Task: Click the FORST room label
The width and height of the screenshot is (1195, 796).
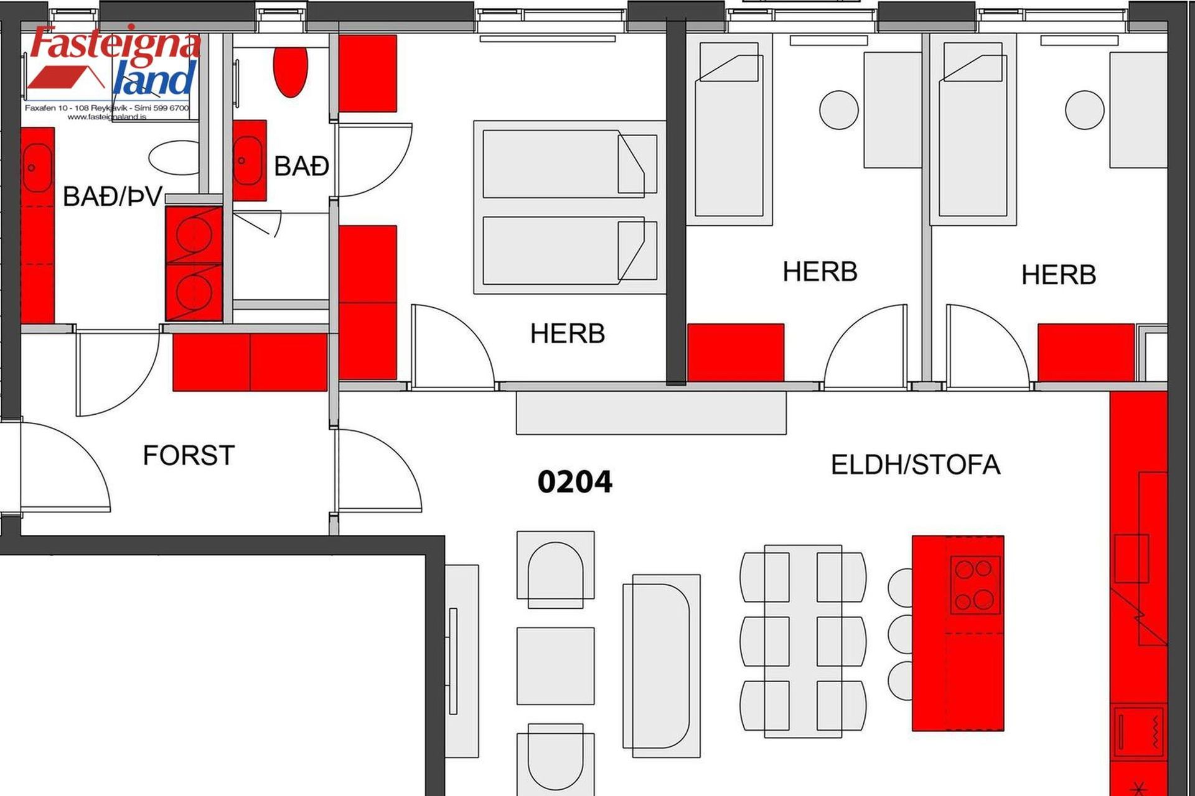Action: [x=189, y=455]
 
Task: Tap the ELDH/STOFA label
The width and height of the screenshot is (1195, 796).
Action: [x=916, y=465]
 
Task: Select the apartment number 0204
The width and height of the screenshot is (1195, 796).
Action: [x=574, y=482]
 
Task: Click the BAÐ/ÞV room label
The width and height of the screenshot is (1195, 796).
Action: [x=113, y=197]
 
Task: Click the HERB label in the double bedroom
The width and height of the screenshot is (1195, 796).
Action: [x=567, y=334]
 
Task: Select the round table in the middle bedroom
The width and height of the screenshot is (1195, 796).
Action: [x=839, y=110]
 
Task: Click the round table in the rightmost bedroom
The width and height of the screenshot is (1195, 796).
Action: [x=1085, y=110]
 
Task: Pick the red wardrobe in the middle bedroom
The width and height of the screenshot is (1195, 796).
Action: [x=735, y=352]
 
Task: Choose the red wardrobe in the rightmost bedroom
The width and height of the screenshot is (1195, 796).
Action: [x=1086, y=352]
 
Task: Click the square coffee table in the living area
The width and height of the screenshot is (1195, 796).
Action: [x=555, y=666]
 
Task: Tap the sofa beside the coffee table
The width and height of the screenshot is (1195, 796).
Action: [x=662, y=665]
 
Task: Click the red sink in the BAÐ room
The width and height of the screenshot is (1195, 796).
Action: [x=248, y=160]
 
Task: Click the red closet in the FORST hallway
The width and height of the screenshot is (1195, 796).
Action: [x=250, y=362]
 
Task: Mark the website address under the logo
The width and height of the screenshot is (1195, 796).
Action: [x=107, y=116]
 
